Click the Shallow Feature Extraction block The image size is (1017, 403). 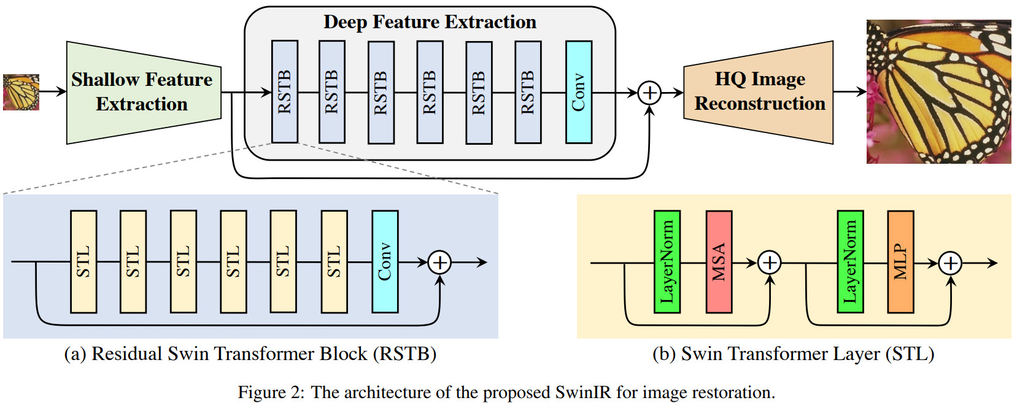pyautogui.click(x=143, y=92)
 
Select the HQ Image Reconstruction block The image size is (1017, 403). pyautogui.click(x=759, y=92)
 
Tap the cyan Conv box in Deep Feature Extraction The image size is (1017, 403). pyautogui.click(x=578, y=92)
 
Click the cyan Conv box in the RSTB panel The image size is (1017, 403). pyautogui.click(x=385, y=262)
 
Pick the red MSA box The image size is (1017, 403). pyautogui.click(x=719, y=262)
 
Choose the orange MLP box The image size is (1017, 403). pyautogui.click(x=900, y=262)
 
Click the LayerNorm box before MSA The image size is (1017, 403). pyautogui.click(x=667, y=262)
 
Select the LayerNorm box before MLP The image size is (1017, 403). pyautogui.click(x=850, y=262)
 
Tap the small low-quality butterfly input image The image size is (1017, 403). pyautogui.click(x=21, y=92)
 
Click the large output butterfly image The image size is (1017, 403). pyautogui.click(x=938, y=92)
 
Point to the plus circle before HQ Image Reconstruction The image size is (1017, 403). pyautogui.click(x=649, y=93)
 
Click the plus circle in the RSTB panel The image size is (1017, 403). pyautogui.click(x=439, y=263)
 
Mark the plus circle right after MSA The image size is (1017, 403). pyautogui.click(x=769, y=263)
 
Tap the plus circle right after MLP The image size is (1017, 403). pyautogui.click(x=951, y=263)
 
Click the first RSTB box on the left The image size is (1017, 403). pyautogui.click(x=285, y=92)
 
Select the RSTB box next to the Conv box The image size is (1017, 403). pyautogui.click(x=528, y=92)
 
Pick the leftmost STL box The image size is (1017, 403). pyautogui.click(x=83, y=262)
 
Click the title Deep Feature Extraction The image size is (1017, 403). pyautogui.click(x=430, y=22)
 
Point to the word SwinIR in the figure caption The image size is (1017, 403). pyautogui.click(x=583, y=393)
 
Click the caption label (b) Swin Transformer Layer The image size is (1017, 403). pyautogui.click(x=793, y=354)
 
